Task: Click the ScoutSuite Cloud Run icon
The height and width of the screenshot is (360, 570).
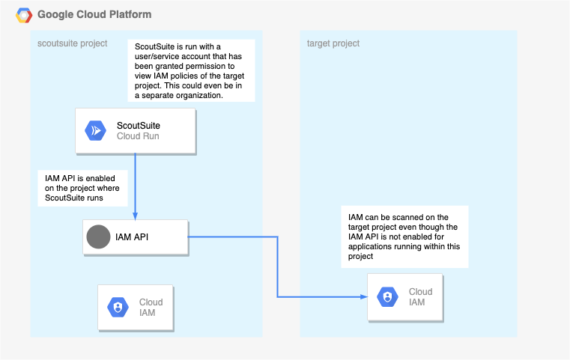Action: (x=96, y=130)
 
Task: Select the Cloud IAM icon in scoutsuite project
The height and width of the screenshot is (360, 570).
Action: (x=118, y=308)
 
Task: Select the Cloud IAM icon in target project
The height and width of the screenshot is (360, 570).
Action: (x=387, y=297)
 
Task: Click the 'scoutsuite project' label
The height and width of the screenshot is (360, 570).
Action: (x=73, y=43)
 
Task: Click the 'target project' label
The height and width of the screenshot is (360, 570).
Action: (x=333, y=43)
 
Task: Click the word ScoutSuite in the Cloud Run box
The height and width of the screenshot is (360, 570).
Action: (x=139, y=125)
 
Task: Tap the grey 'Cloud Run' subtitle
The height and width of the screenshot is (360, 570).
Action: (x=138, y=136)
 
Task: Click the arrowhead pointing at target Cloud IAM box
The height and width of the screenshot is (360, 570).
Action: (x=363, y=297)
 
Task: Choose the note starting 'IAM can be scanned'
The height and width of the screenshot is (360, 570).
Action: (x=404, y=236)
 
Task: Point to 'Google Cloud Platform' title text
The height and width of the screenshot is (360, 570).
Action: (x=94, y=14)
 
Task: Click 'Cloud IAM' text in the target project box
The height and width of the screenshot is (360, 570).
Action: (x=420, y=297)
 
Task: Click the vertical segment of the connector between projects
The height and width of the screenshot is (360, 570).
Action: (x=278, y=267)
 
